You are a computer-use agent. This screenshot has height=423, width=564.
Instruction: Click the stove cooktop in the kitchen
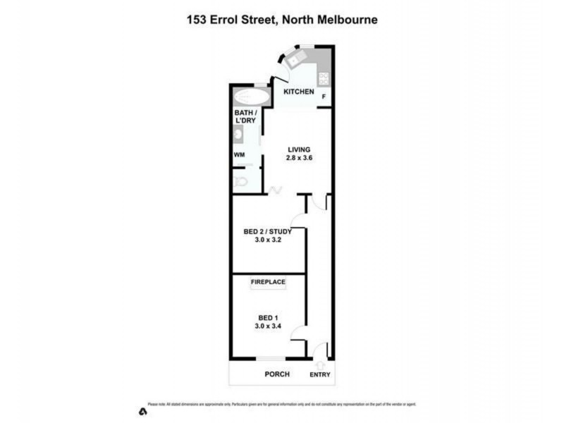tap(324, 77)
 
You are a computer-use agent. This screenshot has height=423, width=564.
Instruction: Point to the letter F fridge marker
tap(324, 97)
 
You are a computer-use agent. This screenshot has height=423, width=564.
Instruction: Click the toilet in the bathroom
tap(241, 181)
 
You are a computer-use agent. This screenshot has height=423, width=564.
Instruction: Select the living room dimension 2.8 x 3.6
tap(299, 159)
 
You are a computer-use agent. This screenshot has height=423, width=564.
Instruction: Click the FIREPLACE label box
tap(268, 283)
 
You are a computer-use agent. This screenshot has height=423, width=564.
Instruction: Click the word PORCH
tap(276, 374)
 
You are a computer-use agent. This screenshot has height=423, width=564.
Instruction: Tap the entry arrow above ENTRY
tap(321, 364)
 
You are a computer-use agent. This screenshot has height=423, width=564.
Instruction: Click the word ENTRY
tap(319, 375)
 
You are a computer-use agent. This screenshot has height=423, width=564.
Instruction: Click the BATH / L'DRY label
tap(245, 116)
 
